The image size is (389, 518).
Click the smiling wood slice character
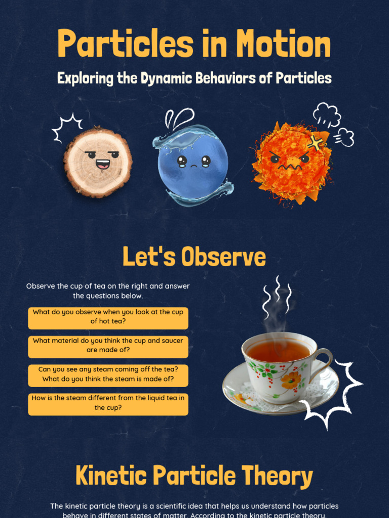click(98, 161)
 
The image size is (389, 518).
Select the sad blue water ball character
click(192, 164)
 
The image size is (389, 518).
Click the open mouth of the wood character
click(102, 164)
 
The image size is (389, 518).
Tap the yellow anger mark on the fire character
click(315, 143)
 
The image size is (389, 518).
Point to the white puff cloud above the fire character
click(326, 114)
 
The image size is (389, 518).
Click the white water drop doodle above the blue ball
click(180, 117)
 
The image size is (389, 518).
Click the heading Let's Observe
click(194, 257)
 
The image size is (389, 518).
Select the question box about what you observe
click(108, 317)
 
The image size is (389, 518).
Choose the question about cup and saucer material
click(108, 346)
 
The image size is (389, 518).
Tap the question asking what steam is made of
click(108, 374)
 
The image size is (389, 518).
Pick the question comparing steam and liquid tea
click(108, 403)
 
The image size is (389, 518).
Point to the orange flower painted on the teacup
click(291, 379)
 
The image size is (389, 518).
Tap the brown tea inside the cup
click(278, 351)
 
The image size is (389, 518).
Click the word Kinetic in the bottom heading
click(111, 476)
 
